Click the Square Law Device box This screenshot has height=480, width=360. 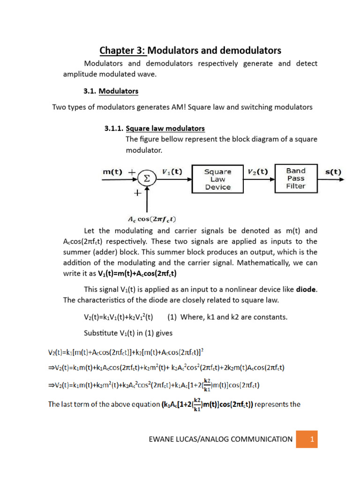217,179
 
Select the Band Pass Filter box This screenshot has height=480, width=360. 296,178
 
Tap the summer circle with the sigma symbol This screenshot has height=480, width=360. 147,179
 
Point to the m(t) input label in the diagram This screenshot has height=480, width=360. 112,172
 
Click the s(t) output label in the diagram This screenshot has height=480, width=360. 333,172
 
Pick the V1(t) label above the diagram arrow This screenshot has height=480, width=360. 172,172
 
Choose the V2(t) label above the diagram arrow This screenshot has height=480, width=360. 257,172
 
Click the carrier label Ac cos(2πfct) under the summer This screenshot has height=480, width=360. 146,219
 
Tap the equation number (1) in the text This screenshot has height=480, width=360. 172,317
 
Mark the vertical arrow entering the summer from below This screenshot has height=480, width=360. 147,199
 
